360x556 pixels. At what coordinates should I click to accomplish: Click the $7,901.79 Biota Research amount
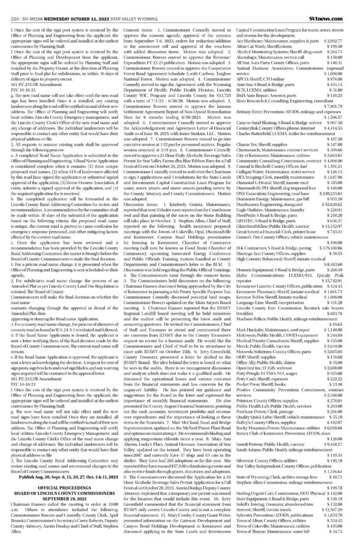[343, 107]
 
